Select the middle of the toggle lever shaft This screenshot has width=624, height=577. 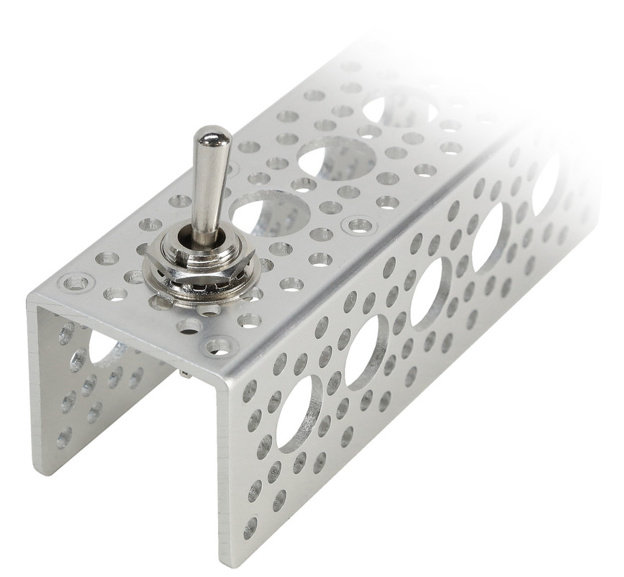(x=208, y=187)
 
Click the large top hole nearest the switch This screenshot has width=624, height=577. (x=270, y=213)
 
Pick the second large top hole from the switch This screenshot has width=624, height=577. (x=337, y=158)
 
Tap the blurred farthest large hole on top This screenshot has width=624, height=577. (x=399, y=108)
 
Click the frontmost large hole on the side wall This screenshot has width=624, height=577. (x=299, y=414)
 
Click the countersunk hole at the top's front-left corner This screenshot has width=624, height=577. (x=76, y=282)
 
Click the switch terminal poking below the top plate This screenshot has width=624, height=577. (x=186, y=373)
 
